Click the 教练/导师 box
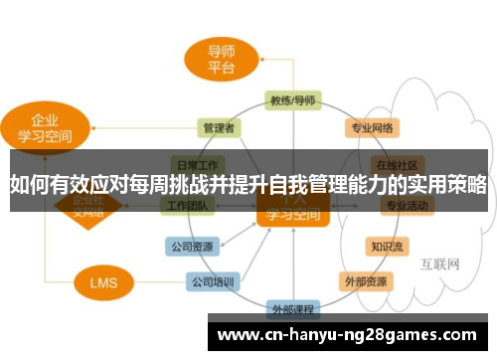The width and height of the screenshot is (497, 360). point(292,100)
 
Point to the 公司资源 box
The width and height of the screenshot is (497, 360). point(189,246)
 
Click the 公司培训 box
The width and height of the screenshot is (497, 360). point(213,281)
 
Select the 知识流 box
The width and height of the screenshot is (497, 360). point(387,245)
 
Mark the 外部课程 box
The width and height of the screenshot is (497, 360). point(293,307)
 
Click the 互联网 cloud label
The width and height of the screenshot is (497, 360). point(437,265)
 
